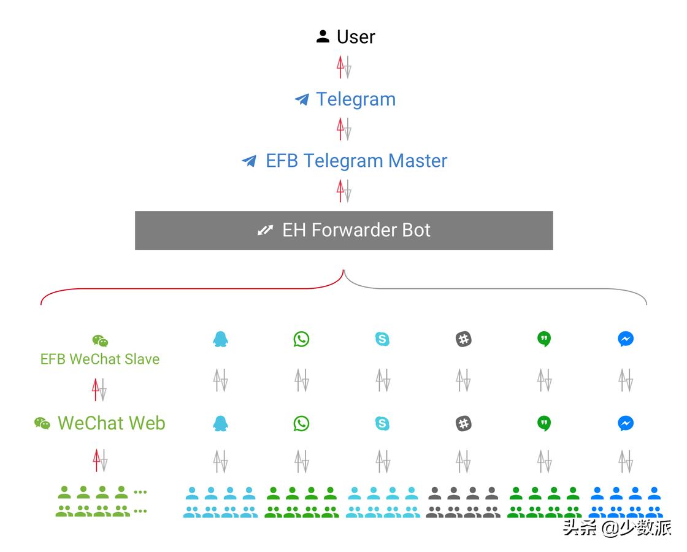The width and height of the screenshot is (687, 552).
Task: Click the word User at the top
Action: click(356, 37)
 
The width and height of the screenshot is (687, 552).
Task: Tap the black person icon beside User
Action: click(323, 36)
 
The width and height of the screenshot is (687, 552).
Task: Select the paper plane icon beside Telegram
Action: click(302, 99)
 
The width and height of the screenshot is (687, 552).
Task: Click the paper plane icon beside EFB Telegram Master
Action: click(249, 161)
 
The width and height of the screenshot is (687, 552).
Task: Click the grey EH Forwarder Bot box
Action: click(343, 231)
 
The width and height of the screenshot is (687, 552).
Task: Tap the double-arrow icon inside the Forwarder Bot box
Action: click(265, 231)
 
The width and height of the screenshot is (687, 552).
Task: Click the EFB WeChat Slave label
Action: click(100, 359)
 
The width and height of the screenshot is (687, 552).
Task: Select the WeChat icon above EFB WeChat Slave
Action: click(100, 341)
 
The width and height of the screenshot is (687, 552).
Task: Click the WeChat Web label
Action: click(111, 423)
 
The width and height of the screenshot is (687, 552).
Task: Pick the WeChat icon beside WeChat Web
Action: click(42, 423)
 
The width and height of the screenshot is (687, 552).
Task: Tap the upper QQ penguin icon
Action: click(220, 339)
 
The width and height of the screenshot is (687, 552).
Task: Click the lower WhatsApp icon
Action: click(301, 423)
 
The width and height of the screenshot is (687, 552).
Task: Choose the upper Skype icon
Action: click(382, 339)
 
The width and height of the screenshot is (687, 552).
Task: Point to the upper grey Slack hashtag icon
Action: click(464, 339)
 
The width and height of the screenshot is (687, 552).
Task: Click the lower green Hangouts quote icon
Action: click(544, 423)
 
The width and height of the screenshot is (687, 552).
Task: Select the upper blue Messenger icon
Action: click(626, 339)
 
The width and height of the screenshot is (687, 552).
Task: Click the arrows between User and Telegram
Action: click(343, 67)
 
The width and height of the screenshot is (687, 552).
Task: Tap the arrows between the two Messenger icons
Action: click(626, 380)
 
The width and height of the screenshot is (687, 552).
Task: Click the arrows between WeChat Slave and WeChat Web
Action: click(99, 389)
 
